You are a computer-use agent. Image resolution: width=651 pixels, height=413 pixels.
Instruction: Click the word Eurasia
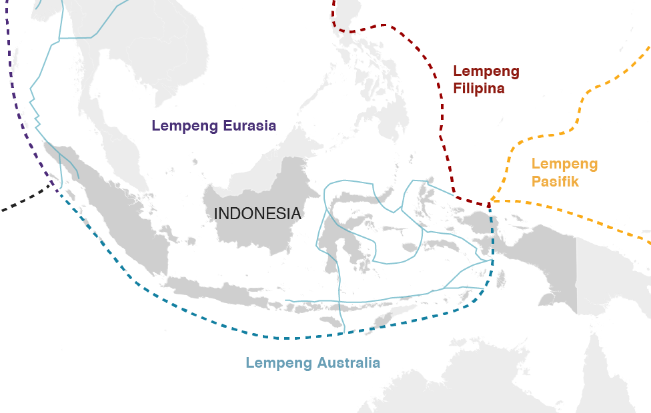coord(243,125)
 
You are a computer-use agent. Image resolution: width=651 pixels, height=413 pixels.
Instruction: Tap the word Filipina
coord(478,88)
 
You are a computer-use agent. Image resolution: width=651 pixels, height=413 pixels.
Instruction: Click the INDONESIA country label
coord(257,214)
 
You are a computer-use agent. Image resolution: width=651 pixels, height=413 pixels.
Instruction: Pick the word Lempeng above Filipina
coord(486,71)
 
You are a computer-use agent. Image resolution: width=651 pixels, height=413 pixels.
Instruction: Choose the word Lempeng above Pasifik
coord(564,164)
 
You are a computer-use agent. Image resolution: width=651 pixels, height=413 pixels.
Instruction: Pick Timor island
coord(387,322)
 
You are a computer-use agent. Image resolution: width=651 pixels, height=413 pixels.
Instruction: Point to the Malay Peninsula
coord(127,153)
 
